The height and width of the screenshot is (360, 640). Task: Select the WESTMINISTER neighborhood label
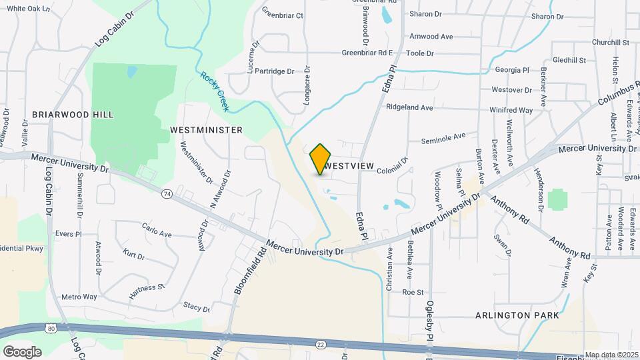click(x=206, y=130)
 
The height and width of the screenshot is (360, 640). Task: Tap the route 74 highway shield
click(x=167, y=193)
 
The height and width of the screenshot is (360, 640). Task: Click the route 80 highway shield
click(x=51, y=328)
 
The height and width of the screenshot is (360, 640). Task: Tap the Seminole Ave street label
click(x=443, y=137)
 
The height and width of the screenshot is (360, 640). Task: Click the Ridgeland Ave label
click(x=409, y=107)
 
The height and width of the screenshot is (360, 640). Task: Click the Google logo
click(x=22, y=351)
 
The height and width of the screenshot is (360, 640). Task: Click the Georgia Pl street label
click(x=511, y=70)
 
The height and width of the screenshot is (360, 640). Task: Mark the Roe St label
click(x=413, y=292)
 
